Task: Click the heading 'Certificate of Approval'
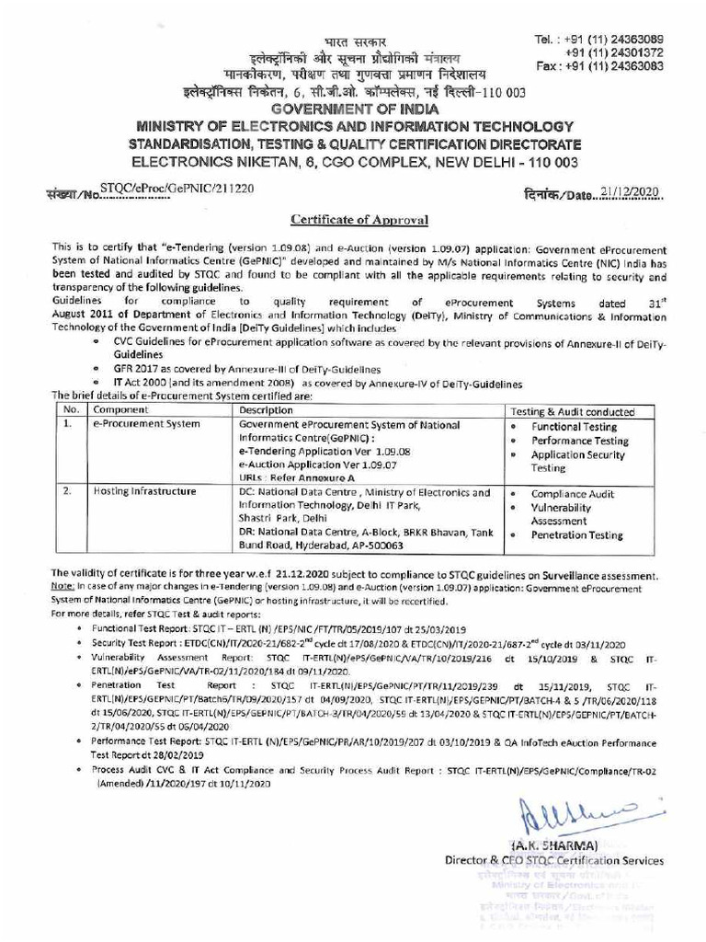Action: pos(353,220)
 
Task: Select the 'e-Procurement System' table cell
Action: pos(139,426)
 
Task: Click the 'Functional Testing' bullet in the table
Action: pos(574,427)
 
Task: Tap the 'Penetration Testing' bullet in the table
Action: pos(576,534)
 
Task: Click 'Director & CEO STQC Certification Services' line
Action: pos(553,861)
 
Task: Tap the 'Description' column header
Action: pos(266,410)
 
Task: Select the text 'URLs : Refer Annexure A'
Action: pos(291,478)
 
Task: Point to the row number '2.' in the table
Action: pos(67,492)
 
